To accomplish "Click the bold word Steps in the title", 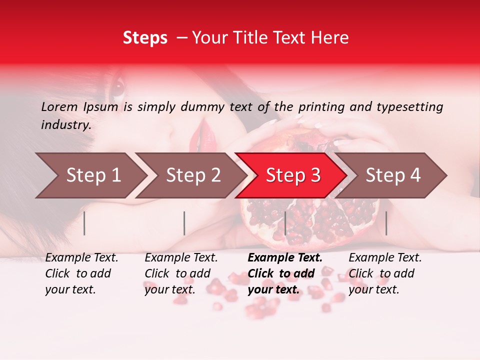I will [x=145, y=38].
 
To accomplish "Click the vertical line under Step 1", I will [x=84, y=223].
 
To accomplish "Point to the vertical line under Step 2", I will [x=184, y=223].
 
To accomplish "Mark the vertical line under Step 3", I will [x=285, y=223].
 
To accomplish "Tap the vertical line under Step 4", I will [x=386, y=223].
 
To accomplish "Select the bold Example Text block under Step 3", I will [x=285, y=273].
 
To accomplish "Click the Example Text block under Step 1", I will [x=82, y=273].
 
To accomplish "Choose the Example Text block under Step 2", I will [x=181, y=273].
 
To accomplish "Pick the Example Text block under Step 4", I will [x=385, y=273].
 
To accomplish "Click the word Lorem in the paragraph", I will [x=59, y=106].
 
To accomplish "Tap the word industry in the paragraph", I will [x=65, y=125].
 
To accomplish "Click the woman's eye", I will [x=118, y=86].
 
